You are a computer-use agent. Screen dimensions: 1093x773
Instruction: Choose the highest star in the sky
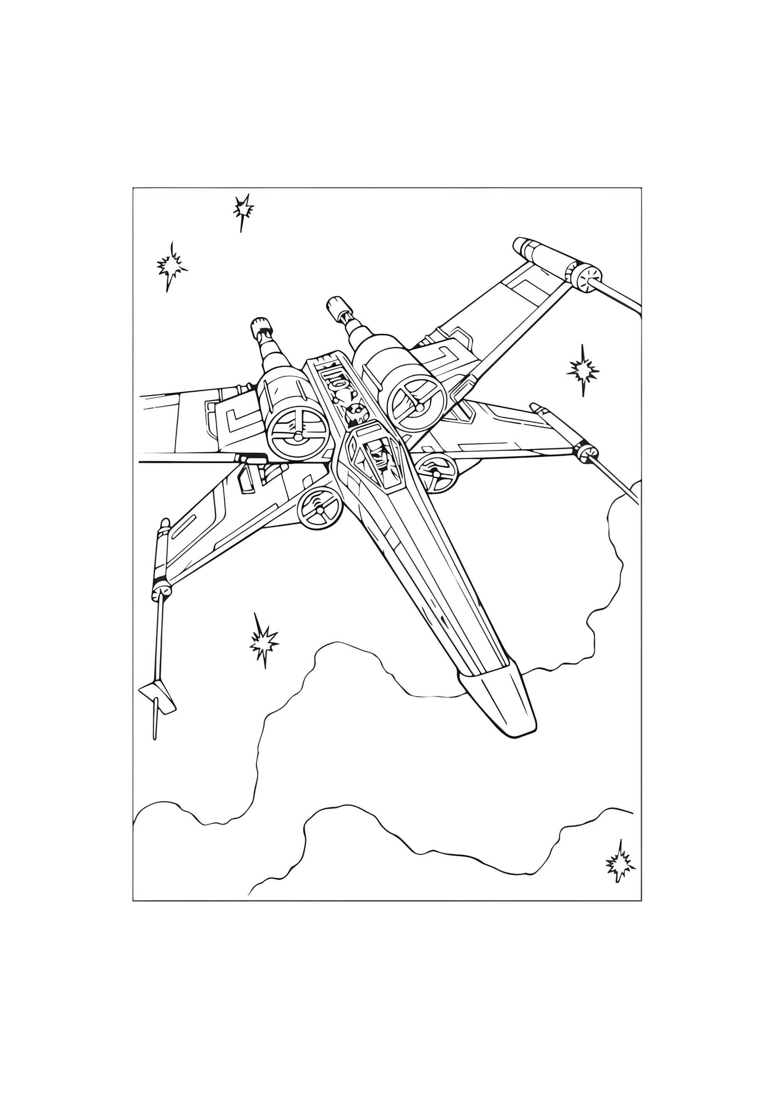244,208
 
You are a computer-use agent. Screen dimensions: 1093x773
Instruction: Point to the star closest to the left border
171,266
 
